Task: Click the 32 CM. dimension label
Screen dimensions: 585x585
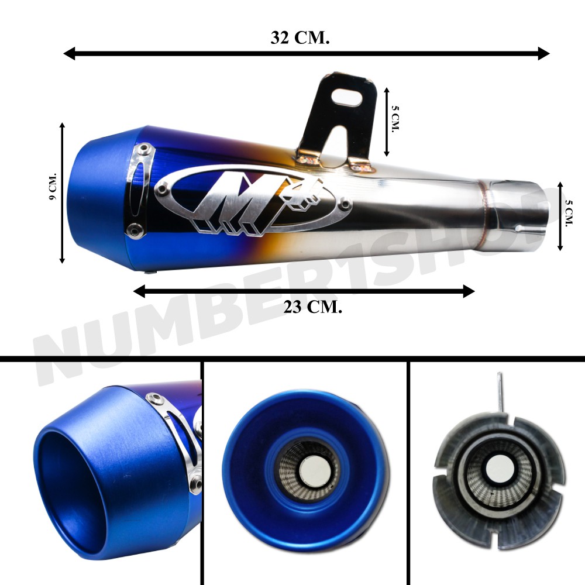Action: click(300, 37)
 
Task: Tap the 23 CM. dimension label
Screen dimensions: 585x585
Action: click(312, 308)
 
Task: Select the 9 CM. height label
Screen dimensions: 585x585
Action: click(53, 186)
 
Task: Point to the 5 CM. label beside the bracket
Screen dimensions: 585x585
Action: click(395, 118)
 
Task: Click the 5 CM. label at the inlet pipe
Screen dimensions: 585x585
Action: click(569, 213)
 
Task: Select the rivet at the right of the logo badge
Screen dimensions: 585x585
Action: click(345, 204)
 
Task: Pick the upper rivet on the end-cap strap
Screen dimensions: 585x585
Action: click(143, 150)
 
